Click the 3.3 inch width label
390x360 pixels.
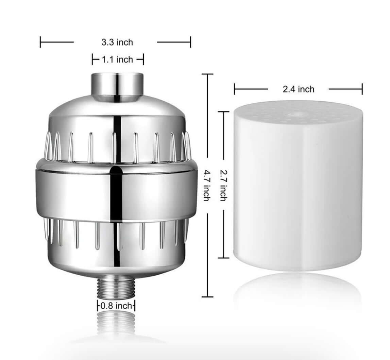point(117,42)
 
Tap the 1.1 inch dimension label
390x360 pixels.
point(117,60)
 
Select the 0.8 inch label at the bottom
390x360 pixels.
point(116,306)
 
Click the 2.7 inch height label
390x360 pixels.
point(224,186)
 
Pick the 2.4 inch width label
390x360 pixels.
point(299,89)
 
